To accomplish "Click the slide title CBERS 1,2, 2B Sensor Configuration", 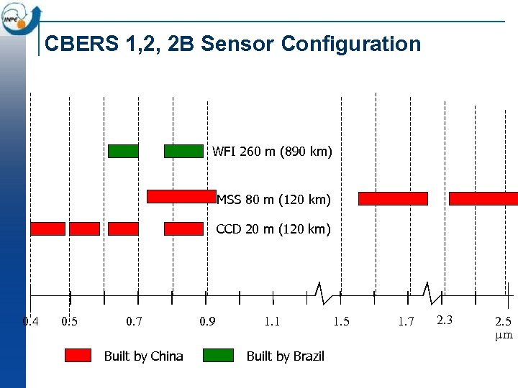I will pyautogui.click(x=232, y=45).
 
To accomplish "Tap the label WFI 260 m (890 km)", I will pyautogui.click(x=271, y=152).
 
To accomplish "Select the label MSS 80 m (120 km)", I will pyautogui.click(x=273, y=199).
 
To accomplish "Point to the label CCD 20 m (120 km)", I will pyautogui.click(x=273, y=229).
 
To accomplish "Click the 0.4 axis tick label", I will pyautogui.click(x=31, y=321).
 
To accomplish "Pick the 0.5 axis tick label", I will pyautogui.click(x=70, y=321).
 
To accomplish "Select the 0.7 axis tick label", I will pyautogui.click(x=134, y=321).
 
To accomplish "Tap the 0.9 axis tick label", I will pyautogui.click(x=206, y=321).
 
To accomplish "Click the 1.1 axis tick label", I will pyautogui.click(x=272, y=321).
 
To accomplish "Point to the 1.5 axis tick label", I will pyautogui.click(x=341, y=321).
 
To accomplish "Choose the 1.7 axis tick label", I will pyautogui.click(x=406, y=321).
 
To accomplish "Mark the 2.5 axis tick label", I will pyautogui.click(x=504, y=321).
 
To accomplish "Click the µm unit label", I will pyautogui.click(x=504, y=335).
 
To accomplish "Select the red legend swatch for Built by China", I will pyautogui.click(x=78, y=355).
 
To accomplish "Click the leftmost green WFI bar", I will pyautogui.click(x=123, y=151).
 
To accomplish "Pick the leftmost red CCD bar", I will pyautogui.click(x=47, y=228).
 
